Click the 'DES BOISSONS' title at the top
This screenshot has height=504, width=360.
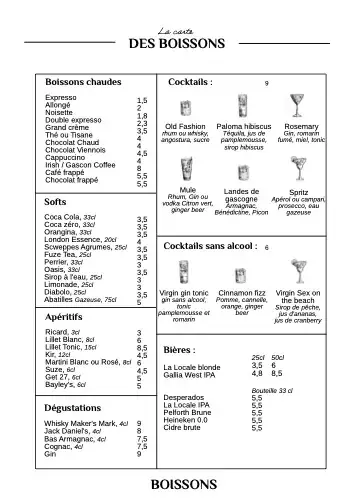pyautogui.click(x=180, y=43)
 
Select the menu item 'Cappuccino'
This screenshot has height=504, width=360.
pyautogui.click(x=67, y=157)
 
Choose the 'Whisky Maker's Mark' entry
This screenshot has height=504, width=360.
pyautogui.click(x=85, y=424)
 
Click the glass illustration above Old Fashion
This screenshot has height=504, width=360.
pyautogui.click(x=185, y=106)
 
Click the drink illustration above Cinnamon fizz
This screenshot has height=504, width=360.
pyautogui.click(x=242, y=272)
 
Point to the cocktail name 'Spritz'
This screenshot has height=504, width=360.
pyautogui.click(x=298, y=191)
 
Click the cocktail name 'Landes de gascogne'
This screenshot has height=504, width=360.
pyautogui.click(x=242, y=195)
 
